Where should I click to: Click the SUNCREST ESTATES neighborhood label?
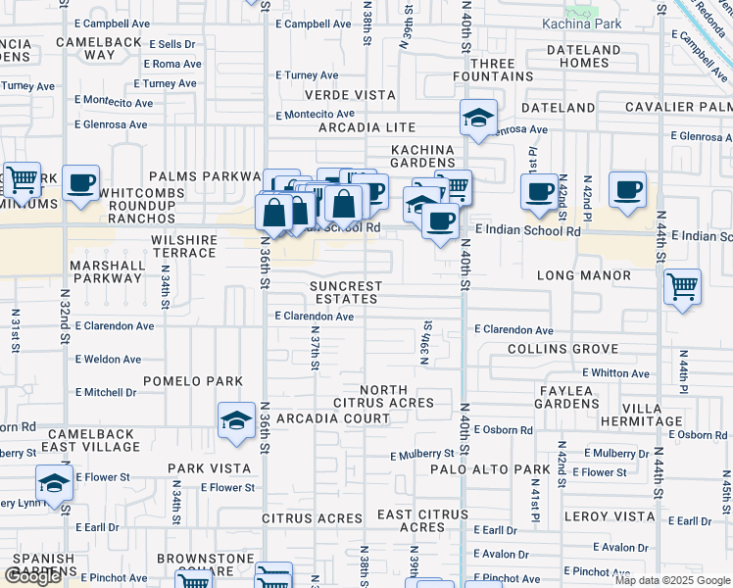click(x=344, y=292)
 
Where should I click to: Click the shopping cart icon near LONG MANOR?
click(x=681, y=287)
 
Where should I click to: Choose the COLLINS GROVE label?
click(x=562, y=349)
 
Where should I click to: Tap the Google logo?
click(x=32, y=576)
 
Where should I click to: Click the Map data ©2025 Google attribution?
click(x=671, y=580)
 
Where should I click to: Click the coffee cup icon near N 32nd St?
click(x=80, y=181)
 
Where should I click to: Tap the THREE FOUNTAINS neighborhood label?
click(x=484, y=70)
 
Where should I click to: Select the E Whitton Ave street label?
click(x=615, y=373)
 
